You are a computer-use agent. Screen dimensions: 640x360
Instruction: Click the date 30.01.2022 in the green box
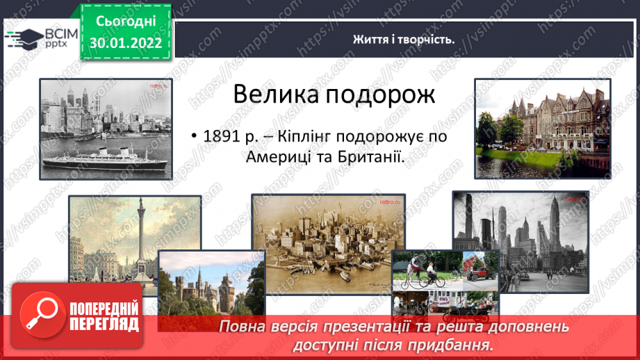(x=126, y=43)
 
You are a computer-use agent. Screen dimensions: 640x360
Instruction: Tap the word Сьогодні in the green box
(x=126, y=22)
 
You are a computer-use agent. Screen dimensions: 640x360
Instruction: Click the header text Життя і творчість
(x=404, y=40)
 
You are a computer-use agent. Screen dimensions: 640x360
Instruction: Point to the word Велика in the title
(x=276, y=95)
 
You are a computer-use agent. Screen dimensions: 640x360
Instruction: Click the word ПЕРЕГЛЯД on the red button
(x=104, y=325)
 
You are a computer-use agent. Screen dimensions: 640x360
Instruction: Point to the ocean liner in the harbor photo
(x=106, y=159)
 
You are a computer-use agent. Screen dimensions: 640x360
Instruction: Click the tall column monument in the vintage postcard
(x=141, y=237)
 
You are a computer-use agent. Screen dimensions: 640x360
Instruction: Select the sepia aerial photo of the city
(x=328, y=244)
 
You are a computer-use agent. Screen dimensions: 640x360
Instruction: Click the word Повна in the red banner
(x=241, y=327)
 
